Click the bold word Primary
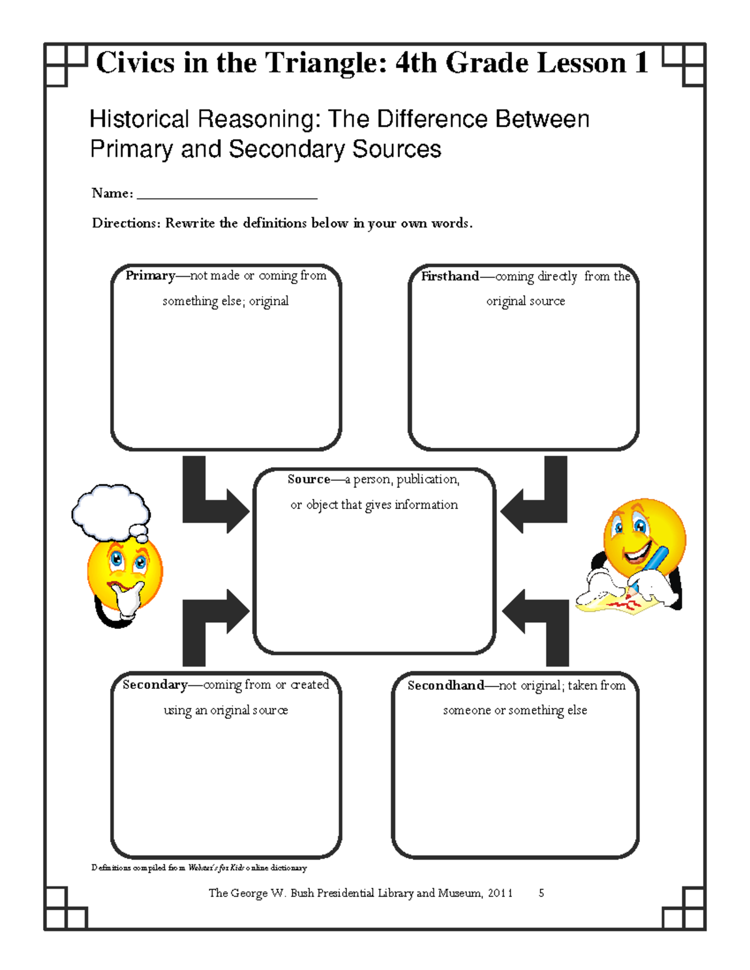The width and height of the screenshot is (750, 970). [150, 275]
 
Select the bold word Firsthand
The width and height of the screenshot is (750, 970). [449, 276]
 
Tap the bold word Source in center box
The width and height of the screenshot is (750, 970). [309, 479]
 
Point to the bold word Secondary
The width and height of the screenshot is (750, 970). [155, 685]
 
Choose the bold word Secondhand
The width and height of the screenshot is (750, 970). [446, 685]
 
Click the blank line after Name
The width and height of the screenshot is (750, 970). [227, 195]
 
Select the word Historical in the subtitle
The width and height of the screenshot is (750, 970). [139, 119]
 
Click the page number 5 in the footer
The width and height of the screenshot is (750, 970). [541, 893]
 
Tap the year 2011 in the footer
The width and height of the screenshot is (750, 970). [500, 893]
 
